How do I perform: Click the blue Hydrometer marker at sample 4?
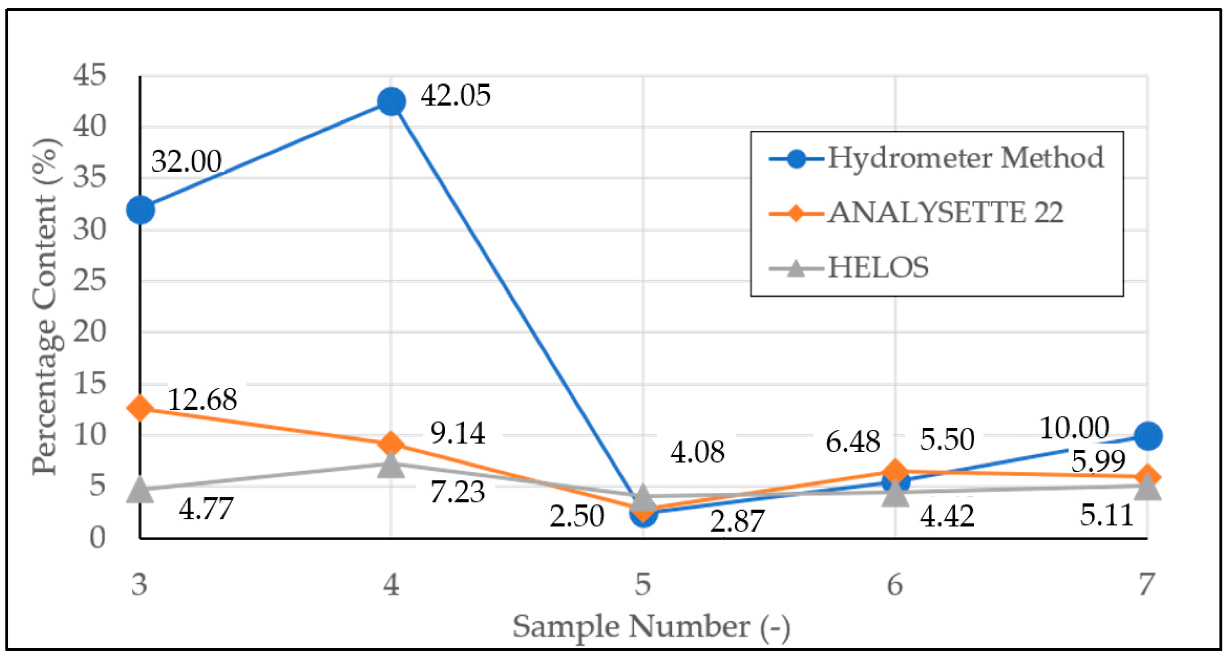coord(391,101)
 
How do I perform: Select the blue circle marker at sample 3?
coord(140,210)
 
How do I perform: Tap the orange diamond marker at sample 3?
coord(140,407)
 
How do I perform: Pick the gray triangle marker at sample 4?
coord(391,464)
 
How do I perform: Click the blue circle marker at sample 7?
coord(1147,436)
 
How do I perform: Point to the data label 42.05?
coord(455,95)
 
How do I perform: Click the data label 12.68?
coord(202,400)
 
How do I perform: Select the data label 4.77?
coord(206,509)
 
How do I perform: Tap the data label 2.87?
coord(736,521)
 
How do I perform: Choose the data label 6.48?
coord(853,442)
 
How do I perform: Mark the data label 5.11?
coord(1106,515)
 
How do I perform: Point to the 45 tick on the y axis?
coord(89,76)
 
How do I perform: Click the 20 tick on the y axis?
coord(89,331)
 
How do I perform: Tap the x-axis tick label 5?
coord(643,584)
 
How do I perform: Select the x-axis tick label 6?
coord(895,584)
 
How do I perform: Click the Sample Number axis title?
coord(651,626)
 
